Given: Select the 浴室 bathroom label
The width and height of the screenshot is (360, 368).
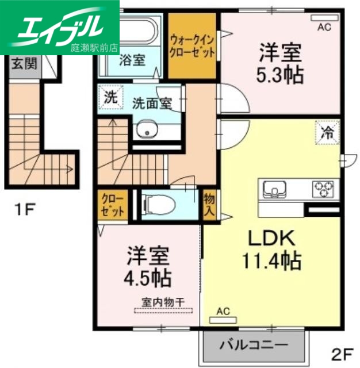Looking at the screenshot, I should [x=132, y=59].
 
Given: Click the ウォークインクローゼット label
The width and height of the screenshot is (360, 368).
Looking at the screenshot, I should [x=193, y=46].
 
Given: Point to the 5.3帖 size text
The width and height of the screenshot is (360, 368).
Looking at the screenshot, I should [x=280, y=75].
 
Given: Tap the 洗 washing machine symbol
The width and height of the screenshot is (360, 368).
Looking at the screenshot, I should [x=109, y=97].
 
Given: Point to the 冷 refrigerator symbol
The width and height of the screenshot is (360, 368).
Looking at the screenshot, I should [x=326, y=135].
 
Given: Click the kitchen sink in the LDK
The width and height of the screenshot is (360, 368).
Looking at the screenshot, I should [x=276, y=188].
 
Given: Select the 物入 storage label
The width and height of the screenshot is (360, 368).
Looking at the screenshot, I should [x=209, y=204].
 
